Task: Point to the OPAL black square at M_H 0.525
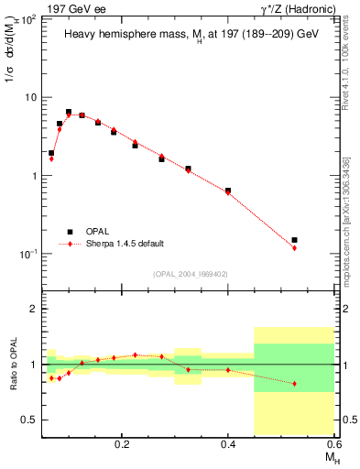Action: coord(294,240)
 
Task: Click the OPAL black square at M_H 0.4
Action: coord(228,191)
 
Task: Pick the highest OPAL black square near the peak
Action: coord(69,112)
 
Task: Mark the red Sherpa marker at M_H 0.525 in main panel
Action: coord(294,248)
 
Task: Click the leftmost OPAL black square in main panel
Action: coord(51,153)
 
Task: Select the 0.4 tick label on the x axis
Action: coord(228,443)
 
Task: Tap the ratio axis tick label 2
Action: coord(34,309)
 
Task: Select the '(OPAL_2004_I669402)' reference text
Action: coord(190,274)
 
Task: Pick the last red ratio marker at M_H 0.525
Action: coord(294,384)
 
